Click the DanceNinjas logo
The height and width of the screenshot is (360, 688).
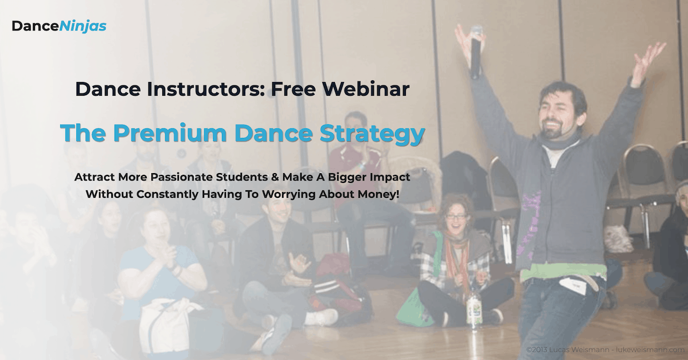[59, 26]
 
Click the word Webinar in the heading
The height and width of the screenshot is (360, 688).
[366, 89]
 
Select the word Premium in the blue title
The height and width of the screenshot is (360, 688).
[170, 133]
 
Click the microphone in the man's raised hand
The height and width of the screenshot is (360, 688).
[476, 52]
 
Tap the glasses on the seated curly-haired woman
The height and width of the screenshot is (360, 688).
[455, 216]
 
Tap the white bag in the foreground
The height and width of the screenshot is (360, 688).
[166, 326]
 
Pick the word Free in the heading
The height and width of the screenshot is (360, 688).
[294, 89]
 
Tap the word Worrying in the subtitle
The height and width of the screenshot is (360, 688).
[289, 194]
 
